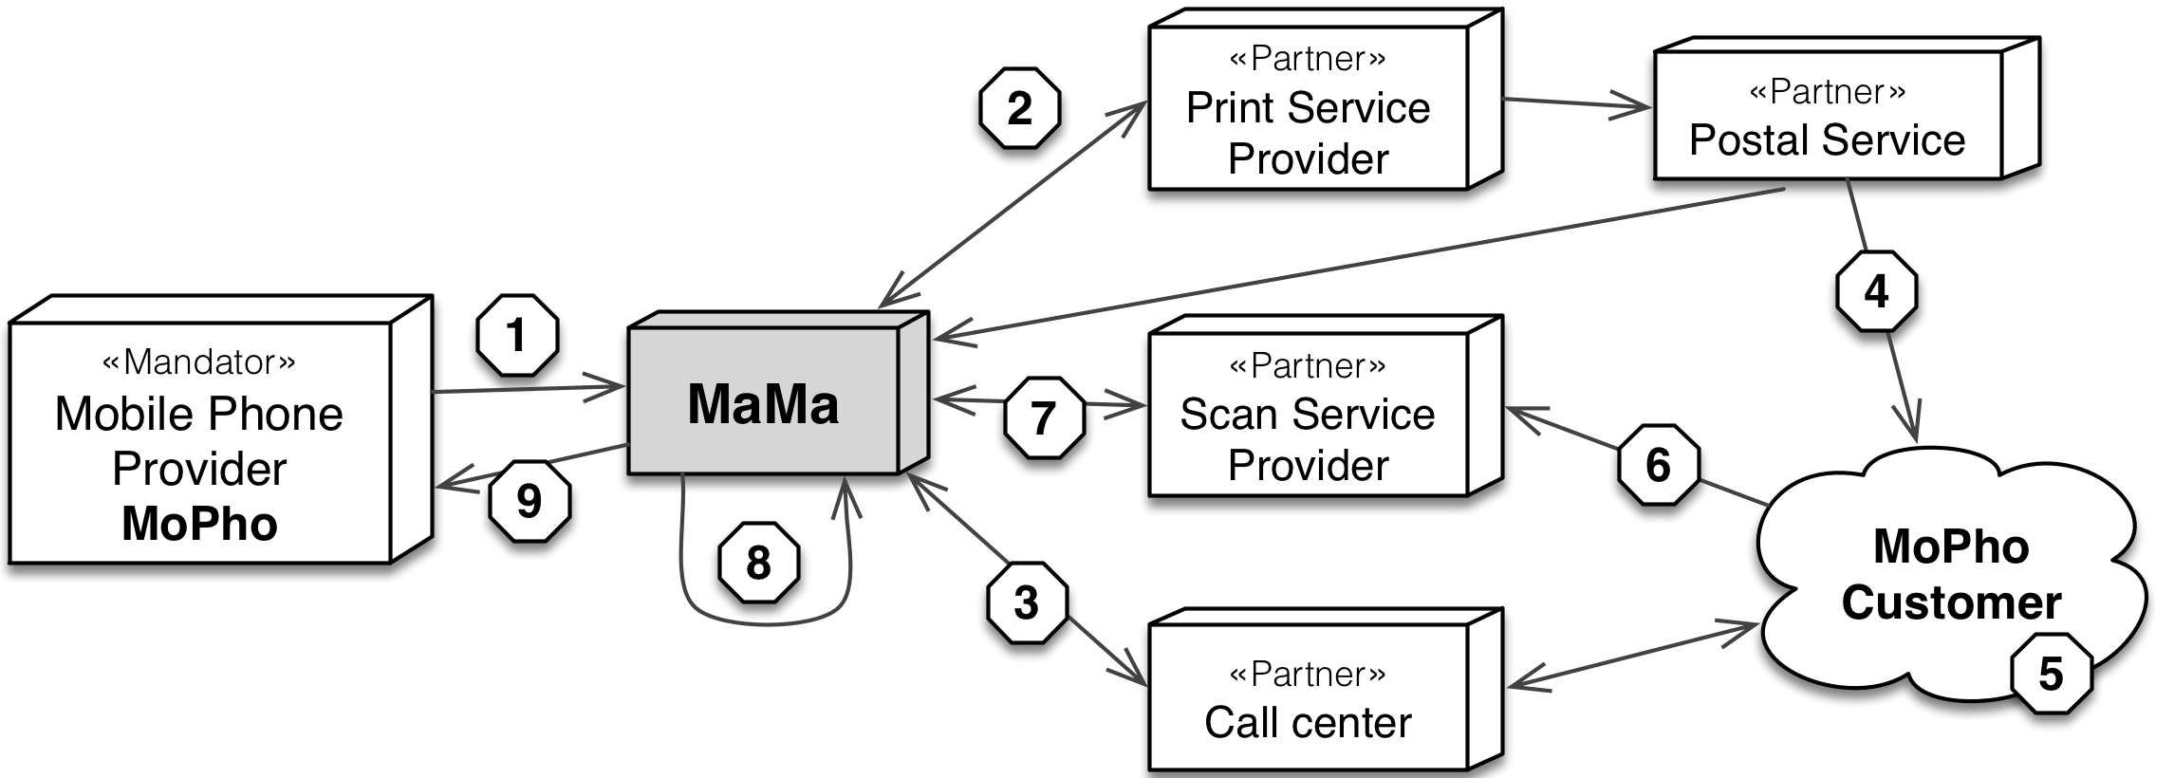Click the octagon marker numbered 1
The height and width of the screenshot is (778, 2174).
click(517, 335)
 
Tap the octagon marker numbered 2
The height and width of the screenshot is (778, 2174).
click(1019, 107)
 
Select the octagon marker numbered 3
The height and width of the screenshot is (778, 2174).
click(1027, 603)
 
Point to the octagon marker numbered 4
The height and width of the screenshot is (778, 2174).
click(1876, 291)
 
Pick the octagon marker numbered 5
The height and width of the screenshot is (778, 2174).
click(2052, 674)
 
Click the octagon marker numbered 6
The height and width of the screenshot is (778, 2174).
click(1658, 465)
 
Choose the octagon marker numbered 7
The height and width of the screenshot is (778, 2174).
click(1044, 417)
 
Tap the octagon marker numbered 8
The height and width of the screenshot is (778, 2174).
click(758, 563)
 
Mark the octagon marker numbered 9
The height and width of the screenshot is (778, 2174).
click(530, 501)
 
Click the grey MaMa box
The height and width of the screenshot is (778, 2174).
click(764, 403)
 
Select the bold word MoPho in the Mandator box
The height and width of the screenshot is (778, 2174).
click(199, 524)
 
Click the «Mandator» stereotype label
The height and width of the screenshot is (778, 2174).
click(199, 361)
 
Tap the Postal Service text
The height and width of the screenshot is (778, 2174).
click(1827, 140)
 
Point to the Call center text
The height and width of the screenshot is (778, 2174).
click(1308, 723)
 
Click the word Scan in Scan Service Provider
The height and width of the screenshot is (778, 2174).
click(1230, 415)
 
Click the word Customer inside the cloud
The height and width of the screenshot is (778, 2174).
click(1951, 602)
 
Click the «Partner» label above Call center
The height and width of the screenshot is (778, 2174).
click(1308, 674)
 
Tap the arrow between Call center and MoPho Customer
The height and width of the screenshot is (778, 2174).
click(1632, 655)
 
